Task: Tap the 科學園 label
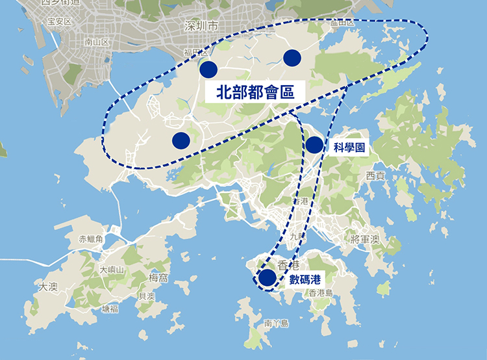click(349, 148)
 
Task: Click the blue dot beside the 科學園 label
click(314, 145)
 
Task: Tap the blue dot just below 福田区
click(208, 70)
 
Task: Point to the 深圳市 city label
click(201, 27)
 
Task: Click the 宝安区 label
click(59, 21)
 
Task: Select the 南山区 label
click(97, 42)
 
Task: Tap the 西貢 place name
click(375, 175)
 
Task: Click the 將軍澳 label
click(364, 240)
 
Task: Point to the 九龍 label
click(297, 237)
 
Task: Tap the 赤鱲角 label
click(91, 239)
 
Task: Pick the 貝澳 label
click(147, 296)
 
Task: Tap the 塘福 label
click(110, 309)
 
